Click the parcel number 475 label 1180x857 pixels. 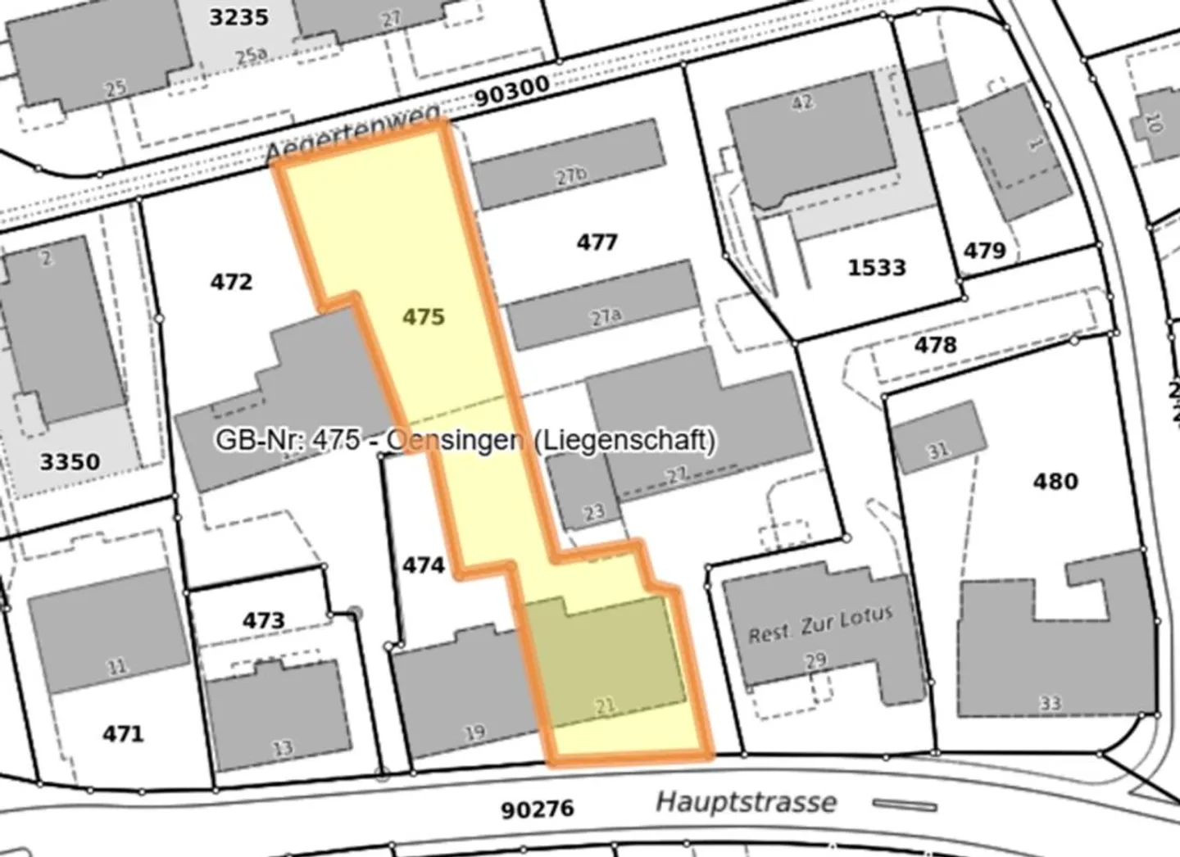pos(424,316)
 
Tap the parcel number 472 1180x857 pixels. pos(231,282)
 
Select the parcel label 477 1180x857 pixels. pos(597,242)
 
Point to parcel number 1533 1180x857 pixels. pos(877,267)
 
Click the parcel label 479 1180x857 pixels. pos(984,249)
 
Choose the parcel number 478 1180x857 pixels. pos(935,344)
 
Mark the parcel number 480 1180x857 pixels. pos(1055,480)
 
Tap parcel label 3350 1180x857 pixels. pos(70,462)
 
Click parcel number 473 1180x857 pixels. pos(263,620)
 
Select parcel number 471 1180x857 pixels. pos(123,733)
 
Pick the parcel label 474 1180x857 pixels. pos(424,565)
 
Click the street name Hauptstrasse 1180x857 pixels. pos(746,801)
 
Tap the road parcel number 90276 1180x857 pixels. pos(538,809)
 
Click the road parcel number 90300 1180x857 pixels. pos(512,94)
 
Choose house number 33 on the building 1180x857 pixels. pos(1051,702)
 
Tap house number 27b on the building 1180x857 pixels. pos(571,175)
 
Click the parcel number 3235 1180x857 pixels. pos(239,16)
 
